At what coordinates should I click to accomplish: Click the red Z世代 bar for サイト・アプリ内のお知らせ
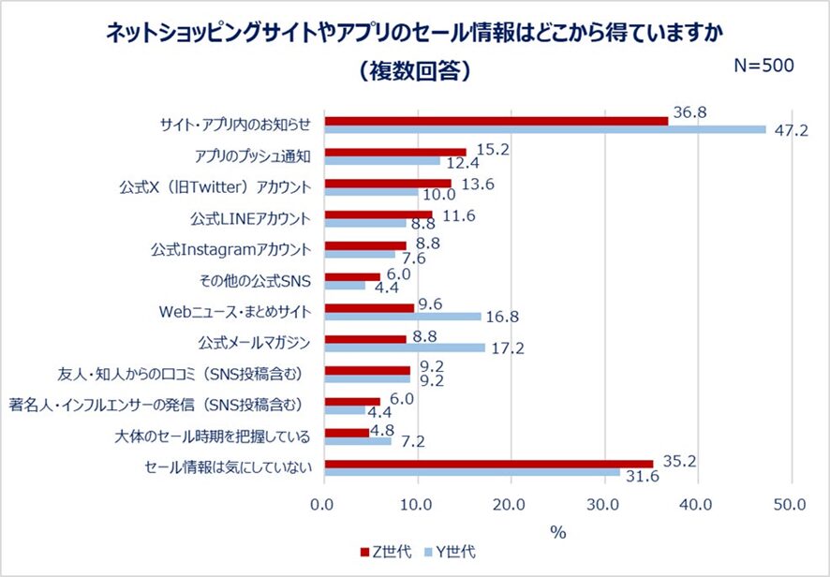click(496, 120)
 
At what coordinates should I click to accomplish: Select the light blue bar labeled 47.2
click(544, 129)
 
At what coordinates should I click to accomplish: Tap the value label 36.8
click(689, 111)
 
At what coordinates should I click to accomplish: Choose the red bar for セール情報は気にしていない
click(488, 463)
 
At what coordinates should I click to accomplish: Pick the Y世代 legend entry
click(448, 553)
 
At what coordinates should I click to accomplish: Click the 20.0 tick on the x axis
click(511, 507)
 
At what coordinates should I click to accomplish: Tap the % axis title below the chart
click(558, 531)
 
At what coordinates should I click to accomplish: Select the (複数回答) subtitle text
click(414, 71)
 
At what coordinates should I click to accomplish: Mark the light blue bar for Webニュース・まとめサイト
click(402, 317)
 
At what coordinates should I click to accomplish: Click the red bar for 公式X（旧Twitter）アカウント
click(387, 184)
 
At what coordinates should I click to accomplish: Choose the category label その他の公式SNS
click(269, 280)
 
